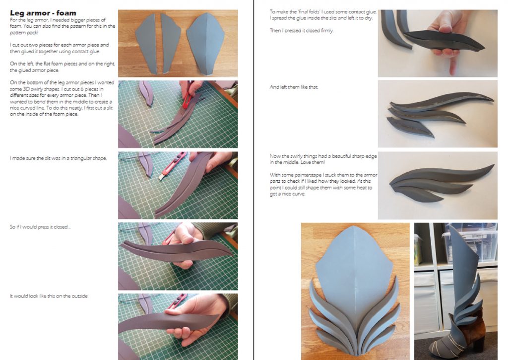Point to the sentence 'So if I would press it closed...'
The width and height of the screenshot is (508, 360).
click(x=40, y=227)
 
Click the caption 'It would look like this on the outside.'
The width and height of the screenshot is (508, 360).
click(x=49, y=296)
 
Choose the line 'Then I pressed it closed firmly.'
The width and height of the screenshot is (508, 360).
click(x=301, y=31)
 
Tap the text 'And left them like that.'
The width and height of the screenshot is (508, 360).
click(x=294, y=87)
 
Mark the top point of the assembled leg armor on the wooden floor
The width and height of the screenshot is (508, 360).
click(x=356, y=226)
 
